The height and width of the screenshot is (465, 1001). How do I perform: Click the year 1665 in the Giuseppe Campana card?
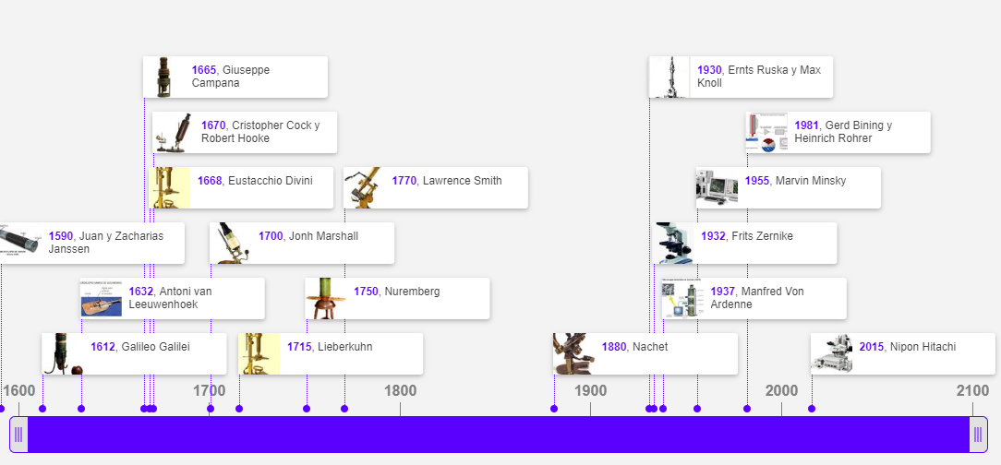[203, 70]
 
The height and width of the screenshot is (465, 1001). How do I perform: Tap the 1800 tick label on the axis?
[400, 390]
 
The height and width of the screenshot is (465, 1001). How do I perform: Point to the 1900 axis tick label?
[590, 390]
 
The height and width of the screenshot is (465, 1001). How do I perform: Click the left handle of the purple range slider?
[18, 435]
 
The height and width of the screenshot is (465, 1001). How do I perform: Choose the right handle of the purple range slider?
[978, 435]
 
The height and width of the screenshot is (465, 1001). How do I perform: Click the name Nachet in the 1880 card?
[650, 347]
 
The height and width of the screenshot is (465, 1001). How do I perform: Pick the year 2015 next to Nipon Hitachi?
[871, 347]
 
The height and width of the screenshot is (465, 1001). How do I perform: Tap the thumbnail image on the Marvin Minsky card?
[717, 187]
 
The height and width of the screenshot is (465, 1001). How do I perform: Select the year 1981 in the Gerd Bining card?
[806, 125]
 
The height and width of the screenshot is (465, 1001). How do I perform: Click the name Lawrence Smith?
[462, 181]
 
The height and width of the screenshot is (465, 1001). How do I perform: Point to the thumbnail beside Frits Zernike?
[674, 243]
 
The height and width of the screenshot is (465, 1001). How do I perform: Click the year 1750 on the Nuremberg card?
[366, 292]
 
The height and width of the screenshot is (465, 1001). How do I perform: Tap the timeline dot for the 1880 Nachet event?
[554, 409]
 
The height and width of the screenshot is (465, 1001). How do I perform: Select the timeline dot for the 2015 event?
[812, 409]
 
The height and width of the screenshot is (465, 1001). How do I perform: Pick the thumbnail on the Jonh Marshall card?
[231, 243]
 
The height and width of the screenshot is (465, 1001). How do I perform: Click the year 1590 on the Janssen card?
[60, 236]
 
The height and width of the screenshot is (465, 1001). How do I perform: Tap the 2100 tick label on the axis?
[972, 390]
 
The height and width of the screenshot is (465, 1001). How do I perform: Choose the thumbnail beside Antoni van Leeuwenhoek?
[101, 298]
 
